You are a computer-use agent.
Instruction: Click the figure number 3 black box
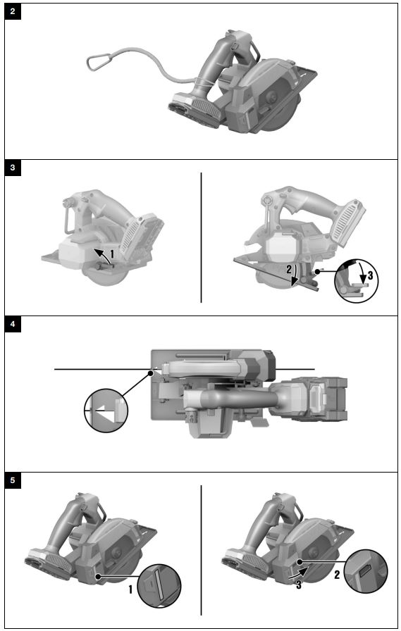(13, 168)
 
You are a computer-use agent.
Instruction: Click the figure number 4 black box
(13, 325)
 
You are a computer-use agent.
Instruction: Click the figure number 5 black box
(13, 482)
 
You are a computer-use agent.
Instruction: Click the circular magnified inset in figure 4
(105, 407)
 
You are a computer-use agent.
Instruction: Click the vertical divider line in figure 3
(202, 237)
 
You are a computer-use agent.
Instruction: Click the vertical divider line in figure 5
(202, 549)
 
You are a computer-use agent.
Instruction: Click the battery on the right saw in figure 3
(349, 213)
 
